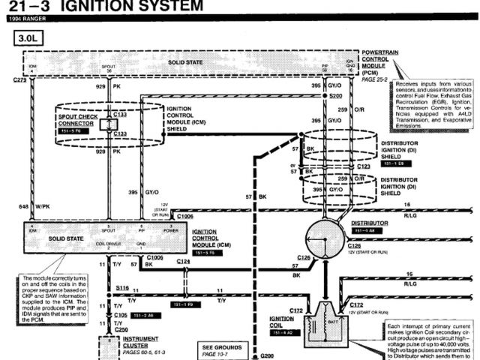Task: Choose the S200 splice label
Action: pyautogui.click(x=334, y=97)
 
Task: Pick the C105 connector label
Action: pyautogui.click(x=121, y=316)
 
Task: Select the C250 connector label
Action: pyautogui.click(x=122, y=329)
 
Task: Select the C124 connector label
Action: pyautogui.click(x=184, y=261)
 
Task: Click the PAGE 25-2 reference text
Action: pyautogui.click(x=373, y=79)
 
